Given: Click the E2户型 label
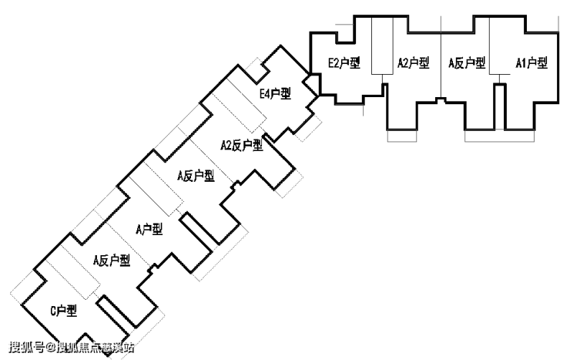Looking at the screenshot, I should (344, 63).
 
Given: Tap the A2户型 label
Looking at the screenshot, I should (413, 63).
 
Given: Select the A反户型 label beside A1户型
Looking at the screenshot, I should (467, 63).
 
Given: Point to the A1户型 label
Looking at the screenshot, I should (531, 63).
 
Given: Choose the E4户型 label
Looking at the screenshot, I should (275, 95).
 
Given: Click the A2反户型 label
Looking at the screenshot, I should (242, 145).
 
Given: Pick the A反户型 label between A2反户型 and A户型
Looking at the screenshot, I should (195, 176).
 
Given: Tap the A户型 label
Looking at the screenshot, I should (149, 229).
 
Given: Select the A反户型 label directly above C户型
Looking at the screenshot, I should (111, 261).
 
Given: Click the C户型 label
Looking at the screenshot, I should (64, 311).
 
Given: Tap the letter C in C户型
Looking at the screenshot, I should (53, 311).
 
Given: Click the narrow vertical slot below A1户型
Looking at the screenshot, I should (499, 106).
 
